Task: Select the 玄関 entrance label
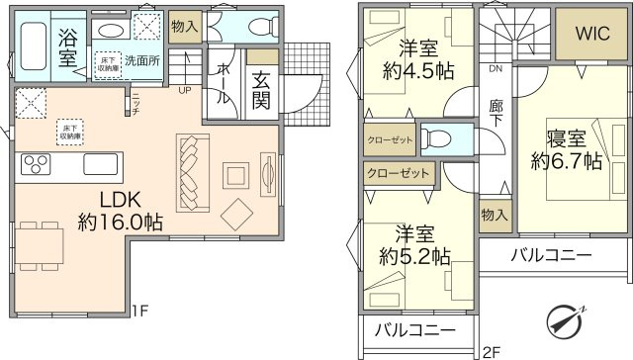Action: click(262, 89)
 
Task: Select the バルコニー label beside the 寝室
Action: click(551, 256)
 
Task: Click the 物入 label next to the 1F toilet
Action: click(184, 26)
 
